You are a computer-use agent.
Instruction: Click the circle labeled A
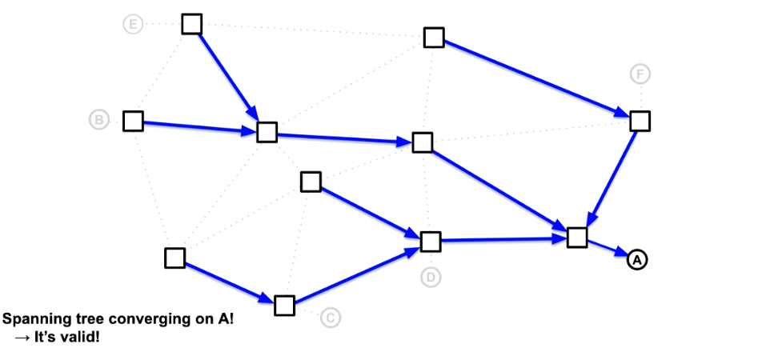(x=636, y=260)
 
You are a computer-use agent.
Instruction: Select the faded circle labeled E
(x=133, y=25)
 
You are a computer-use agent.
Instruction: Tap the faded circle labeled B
(x=98, y=121)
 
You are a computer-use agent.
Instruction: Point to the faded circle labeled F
(x=640, y=74)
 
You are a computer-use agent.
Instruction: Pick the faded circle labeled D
(x=431, y=278)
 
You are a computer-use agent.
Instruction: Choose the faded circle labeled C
(x=331, y=318)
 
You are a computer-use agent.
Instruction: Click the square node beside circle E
(x=191, y=25)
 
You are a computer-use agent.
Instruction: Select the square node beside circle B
(x=133, y=122)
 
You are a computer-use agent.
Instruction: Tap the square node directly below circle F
(x=640, y=121)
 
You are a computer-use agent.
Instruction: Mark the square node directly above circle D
(x=431, y=241)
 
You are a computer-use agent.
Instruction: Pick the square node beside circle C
(x=284, y=306)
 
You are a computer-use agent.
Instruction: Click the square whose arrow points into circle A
(x=577, y=238)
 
